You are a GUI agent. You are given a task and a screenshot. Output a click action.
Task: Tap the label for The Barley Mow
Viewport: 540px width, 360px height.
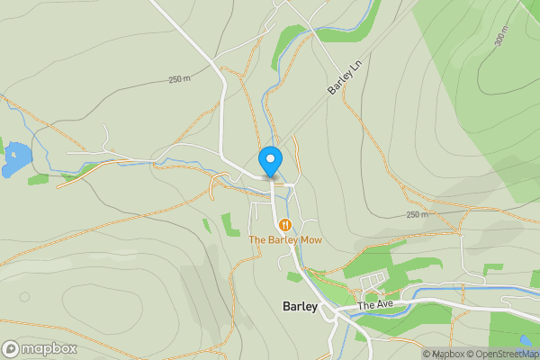point(285,239)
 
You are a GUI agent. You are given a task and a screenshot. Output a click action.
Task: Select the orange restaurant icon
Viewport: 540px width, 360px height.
point(285,224)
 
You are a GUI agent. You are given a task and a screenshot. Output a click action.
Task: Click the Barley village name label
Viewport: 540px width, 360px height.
point(300,306)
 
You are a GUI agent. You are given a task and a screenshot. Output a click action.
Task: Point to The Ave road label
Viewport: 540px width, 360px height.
point(376,306)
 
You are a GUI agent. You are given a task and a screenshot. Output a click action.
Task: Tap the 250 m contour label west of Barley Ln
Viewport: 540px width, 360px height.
point(180,80)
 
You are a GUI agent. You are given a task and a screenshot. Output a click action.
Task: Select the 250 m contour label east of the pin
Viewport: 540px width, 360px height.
point(417,215)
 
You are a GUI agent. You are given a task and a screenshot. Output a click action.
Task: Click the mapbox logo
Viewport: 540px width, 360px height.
point(40,348)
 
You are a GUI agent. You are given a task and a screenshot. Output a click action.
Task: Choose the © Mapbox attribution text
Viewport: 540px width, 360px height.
point(445,354)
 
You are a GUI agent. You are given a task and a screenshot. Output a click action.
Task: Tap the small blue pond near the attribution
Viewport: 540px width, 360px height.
point(525,341)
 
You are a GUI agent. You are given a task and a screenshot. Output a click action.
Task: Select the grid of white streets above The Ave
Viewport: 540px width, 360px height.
point(372,286)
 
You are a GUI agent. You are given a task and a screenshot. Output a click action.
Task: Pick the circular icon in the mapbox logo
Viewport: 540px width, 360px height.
point(11,348)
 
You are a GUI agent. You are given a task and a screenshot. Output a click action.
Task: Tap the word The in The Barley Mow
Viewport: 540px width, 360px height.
point(257,239)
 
